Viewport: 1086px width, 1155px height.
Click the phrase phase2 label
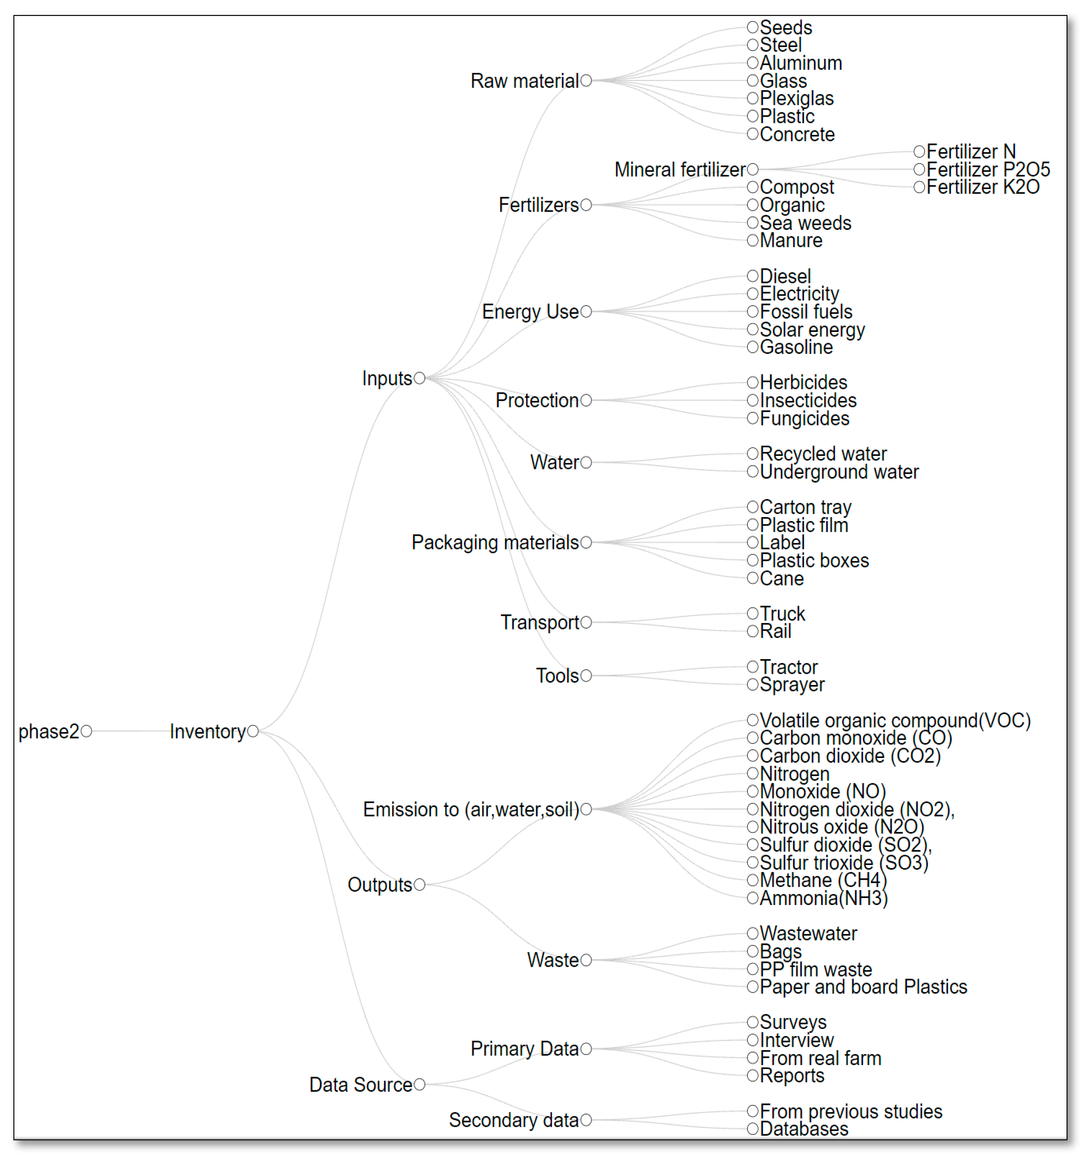[x=48, y=732]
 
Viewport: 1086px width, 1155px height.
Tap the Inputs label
[x=387, y=378]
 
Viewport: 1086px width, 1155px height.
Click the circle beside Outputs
[x=419, y=885]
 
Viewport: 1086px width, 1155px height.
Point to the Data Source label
[x=361, y=1085]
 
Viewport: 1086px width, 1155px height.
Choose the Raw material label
[x=524, y=81]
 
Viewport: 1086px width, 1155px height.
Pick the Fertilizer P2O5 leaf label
[x=988, y=170]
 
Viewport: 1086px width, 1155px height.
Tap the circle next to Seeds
[x=753, y=27]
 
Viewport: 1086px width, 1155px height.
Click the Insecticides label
[x=808, y=400]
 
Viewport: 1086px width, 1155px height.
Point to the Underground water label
[x=839, y=472]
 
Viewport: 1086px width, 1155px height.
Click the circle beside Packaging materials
[x=586, y=543]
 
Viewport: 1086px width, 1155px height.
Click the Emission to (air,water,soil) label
[x=471, y=809]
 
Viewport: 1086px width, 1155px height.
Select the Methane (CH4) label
[x=823, y=880]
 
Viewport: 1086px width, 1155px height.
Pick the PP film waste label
[x=816, y=969]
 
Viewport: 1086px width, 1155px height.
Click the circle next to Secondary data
[x=586, y=1120]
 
